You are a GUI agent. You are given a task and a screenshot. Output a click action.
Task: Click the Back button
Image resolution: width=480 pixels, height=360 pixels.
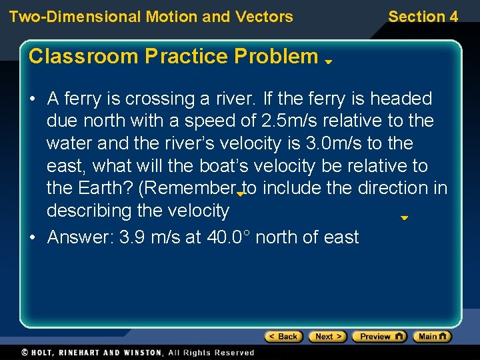[284, 337]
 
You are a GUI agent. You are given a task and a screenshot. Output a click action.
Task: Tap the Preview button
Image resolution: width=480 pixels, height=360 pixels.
[379, 337]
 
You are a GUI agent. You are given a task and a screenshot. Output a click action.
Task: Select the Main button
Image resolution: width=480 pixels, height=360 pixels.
[431, 337]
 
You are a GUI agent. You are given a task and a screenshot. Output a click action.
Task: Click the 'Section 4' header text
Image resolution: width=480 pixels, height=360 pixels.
[423, 17]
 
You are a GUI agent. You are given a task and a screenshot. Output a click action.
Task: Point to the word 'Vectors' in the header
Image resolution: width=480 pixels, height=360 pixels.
[266, 17]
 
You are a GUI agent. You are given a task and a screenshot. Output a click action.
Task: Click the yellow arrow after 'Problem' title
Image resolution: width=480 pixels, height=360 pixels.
[329, 61]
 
